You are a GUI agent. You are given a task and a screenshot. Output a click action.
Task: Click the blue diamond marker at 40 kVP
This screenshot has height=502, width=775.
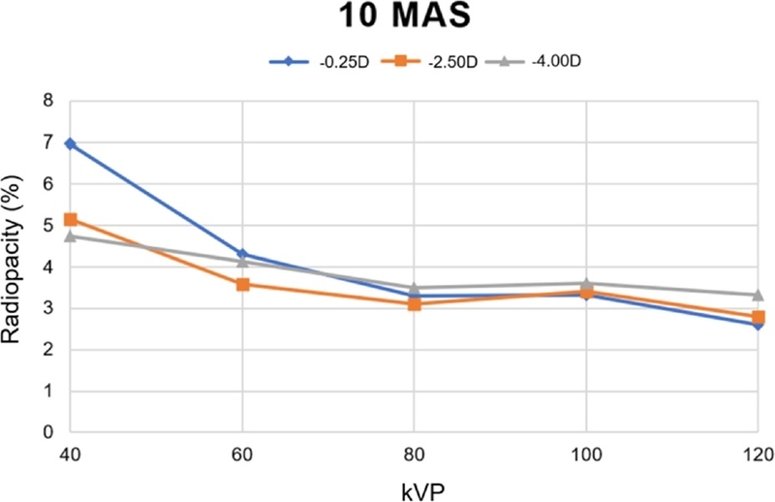[70, 143]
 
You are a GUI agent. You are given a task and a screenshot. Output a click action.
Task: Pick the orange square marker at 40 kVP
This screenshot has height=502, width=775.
[70, 220]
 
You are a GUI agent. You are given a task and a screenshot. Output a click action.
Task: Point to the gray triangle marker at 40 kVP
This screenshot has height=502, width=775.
[70, 235]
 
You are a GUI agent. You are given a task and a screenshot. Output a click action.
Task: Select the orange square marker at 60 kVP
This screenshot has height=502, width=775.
[242, 285]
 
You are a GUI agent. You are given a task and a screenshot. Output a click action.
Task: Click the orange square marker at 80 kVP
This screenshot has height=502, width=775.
[414, 304]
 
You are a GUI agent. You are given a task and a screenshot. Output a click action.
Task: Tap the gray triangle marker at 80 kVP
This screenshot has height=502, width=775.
[414, 288]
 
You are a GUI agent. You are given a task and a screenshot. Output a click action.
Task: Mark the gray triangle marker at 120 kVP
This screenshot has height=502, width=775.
[758, 295]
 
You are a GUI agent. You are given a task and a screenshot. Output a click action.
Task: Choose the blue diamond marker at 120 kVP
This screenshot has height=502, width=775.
[758, 325]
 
